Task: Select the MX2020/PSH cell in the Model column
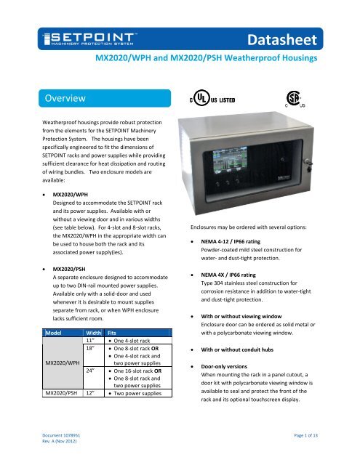(x=61, y=400)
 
